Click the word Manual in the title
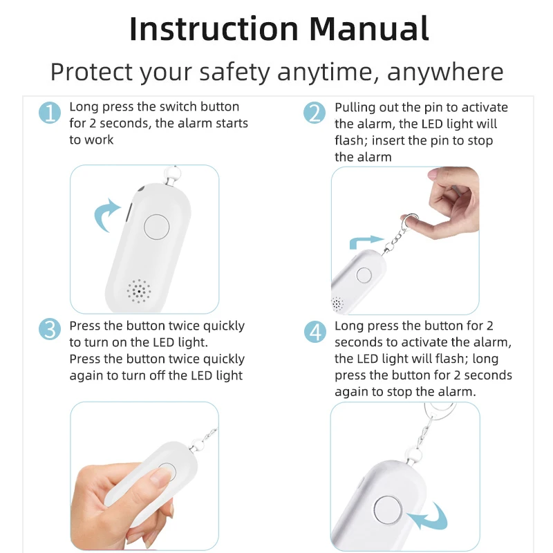point(369,28)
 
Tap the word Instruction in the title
point(214,28)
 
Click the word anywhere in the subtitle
point(445,73)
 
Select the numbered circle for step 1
point(50,113)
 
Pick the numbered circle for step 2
point(315,113)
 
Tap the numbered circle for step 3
point(50,329)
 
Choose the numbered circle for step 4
point(315,332)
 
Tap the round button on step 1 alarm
point(157,227)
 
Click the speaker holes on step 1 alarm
point(139,291)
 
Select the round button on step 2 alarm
point(364,275)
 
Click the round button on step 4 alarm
point(388,510)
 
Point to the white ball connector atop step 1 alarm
point(172,174)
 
